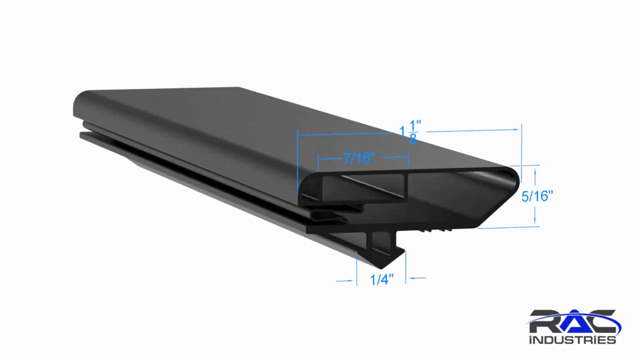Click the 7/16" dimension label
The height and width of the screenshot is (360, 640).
click(x=359, y=158)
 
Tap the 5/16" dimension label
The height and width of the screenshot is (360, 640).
click(x=537, y=196)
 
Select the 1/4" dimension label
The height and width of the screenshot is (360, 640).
click(x=382, y=279)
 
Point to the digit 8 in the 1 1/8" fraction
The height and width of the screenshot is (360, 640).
click(x=413, y=139)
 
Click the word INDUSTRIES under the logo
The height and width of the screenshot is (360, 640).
click(x=572, y=340)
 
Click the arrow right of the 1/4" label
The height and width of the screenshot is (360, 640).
click(x=417, y=278)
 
